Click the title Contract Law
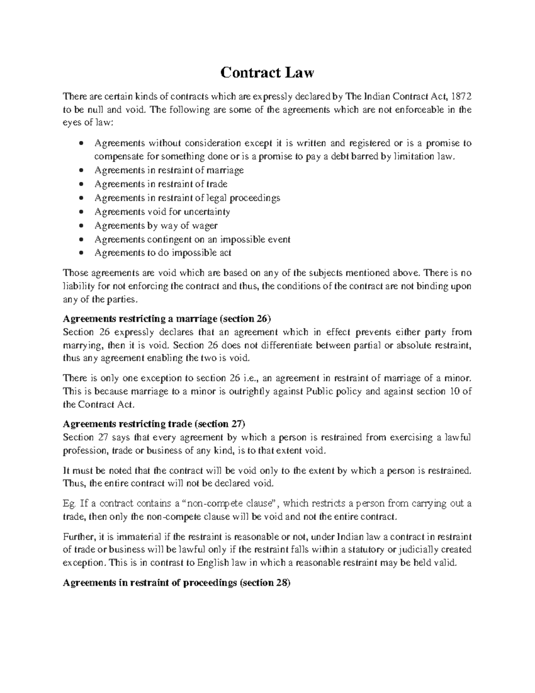(267, 72)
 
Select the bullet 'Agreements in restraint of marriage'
(169, 170)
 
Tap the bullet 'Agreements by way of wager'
(156, 225)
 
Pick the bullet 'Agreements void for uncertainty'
(162, 212)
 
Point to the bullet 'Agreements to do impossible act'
(163, 253)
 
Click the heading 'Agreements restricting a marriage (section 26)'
(167, 319)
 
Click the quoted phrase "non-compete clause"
(230, 503)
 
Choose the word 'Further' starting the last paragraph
(76, 536)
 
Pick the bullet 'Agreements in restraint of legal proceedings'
(187, 198)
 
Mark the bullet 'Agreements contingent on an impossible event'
(192, 239)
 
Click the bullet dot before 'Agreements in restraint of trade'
(80, 184)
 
